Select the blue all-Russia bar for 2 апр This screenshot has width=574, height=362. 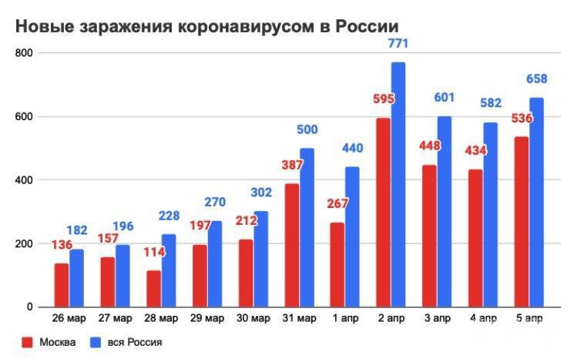point(398,185)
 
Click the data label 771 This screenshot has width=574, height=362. point(398,44)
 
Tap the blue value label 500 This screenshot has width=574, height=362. point(307,129)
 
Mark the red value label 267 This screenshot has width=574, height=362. point(337,204)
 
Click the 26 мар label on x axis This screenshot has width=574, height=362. point(69,318)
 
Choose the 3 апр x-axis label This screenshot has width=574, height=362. point(436,318)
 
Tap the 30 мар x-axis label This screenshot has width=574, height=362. point(253,318)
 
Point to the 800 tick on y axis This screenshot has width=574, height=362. point(25,53)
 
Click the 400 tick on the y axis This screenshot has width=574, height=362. point(25,180)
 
